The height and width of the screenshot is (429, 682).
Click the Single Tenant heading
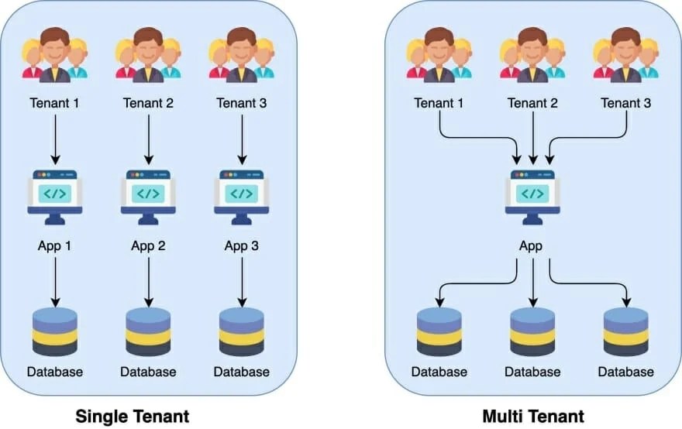[132, 416]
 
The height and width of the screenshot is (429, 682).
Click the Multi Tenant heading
[532, 416]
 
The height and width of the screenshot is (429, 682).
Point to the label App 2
[148, 246]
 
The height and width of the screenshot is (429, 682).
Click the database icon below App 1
[55, 331]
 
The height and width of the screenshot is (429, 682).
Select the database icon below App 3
[241, 331]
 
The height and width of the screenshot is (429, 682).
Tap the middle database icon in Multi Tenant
[532, 331]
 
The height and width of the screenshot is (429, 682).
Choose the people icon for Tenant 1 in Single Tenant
[55, 56]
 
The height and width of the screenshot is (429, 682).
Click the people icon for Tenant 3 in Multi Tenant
[625, 56]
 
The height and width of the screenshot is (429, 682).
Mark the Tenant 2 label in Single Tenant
[148, 102]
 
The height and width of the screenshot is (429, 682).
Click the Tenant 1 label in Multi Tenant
[439, 102]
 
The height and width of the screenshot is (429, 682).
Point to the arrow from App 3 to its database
[241, 280]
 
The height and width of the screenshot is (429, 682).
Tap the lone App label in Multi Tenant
[532, 246]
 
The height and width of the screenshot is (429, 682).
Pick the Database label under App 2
[148, 372]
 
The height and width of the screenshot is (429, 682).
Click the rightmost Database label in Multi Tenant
[625, 372]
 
